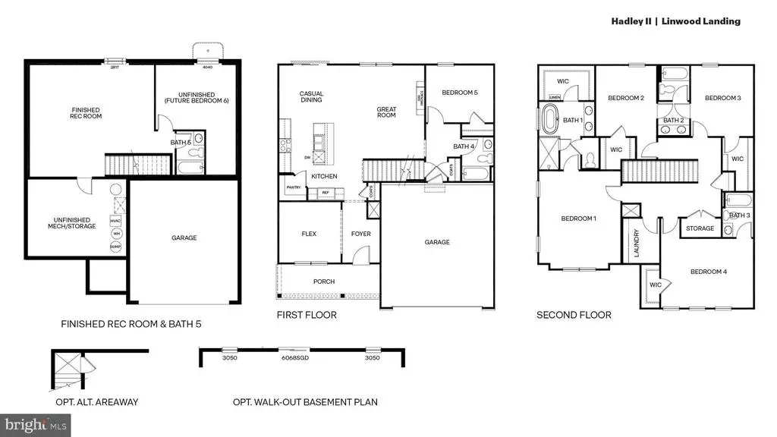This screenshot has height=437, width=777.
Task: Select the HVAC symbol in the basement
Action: [x=115, y=220]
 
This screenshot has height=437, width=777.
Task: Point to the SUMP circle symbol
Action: [x=115, y=247]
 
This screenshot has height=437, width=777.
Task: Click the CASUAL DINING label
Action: [x=311, y=96]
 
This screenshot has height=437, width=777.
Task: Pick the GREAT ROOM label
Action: [x=386, y=112]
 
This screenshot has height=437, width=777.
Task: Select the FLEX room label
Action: [x=309, y=234]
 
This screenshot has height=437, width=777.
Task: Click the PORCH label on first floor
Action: [x=324, y=281]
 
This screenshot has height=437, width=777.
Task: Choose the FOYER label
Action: [x=361, y=234]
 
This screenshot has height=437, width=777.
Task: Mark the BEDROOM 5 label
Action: [x=460, y=93]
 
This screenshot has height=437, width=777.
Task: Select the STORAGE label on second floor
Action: [x=700, y=228]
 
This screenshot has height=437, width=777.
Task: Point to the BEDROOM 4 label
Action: [x=708, y=272]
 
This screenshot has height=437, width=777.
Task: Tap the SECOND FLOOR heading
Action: [x=574, y=315]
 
